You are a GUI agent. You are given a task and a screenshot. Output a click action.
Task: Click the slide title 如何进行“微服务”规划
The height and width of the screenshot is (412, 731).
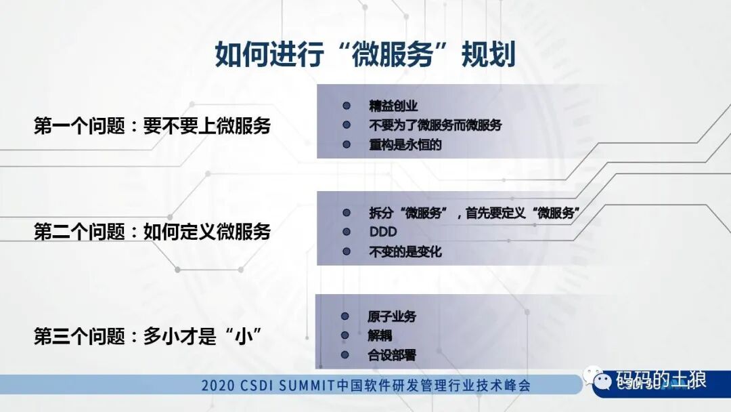(365, 55)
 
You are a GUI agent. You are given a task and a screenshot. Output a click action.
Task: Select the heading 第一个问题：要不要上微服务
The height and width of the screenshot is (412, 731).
(152, 125)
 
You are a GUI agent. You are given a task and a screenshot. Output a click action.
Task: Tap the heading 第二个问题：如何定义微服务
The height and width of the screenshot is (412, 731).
(152, 232)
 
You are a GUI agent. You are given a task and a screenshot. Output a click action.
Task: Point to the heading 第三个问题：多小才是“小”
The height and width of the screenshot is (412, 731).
(148, 337)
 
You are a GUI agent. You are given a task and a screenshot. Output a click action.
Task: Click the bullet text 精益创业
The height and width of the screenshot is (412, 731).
(393, 106)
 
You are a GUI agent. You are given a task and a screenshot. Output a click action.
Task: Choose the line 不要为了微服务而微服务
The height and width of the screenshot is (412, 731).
(435, 125)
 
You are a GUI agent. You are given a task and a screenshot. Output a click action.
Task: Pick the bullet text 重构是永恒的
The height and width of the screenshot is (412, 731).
(405, 144)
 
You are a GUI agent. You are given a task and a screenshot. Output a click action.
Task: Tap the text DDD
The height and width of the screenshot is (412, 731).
(383, 232)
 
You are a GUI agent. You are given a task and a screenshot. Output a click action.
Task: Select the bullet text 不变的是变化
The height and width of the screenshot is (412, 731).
(405, 251)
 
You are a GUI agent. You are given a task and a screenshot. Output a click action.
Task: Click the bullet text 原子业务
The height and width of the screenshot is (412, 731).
(392, 316)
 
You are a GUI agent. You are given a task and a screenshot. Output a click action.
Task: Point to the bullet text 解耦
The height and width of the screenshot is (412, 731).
(380, 335)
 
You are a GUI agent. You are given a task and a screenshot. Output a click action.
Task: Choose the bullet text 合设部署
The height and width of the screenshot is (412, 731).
(392, 354)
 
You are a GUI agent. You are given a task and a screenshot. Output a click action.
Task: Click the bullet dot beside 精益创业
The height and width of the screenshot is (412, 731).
(347, 106)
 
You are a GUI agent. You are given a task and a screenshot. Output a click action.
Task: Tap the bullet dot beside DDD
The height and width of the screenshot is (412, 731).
(347, 232)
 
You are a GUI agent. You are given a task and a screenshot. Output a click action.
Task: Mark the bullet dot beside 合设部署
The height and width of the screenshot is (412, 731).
(345, 354)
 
